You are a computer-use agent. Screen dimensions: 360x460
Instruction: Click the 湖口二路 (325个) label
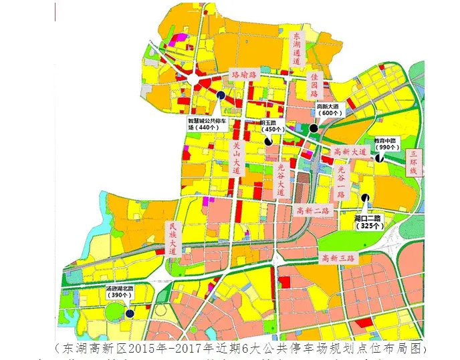tap(367, 222)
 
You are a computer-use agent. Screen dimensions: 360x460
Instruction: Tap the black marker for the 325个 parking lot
tap(365, 197)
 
